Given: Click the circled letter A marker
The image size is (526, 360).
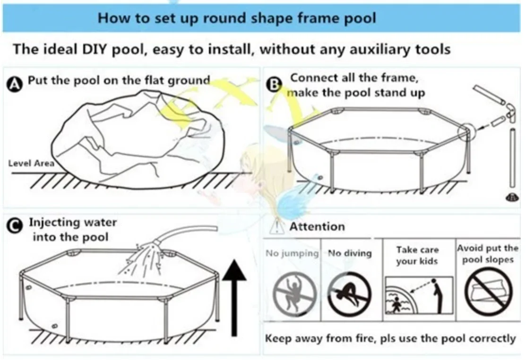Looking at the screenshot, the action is [x=14, y=84].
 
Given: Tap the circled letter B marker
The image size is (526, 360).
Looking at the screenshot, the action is [x=274, y=85].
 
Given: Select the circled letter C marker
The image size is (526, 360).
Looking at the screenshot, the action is [x=15, y=225].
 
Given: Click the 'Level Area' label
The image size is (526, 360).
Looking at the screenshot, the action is [x=31, y=163].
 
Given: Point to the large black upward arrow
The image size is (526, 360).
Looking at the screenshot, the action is [x=234, y=298].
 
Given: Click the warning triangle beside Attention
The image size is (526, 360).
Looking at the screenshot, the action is [x=276, y=226].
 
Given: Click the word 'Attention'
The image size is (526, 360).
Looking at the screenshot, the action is [x=317, y=227].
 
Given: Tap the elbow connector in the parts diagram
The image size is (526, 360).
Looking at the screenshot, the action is [x=510, y=111].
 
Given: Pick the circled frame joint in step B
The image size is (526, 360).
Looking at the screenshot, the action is [x=466, y=131].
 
